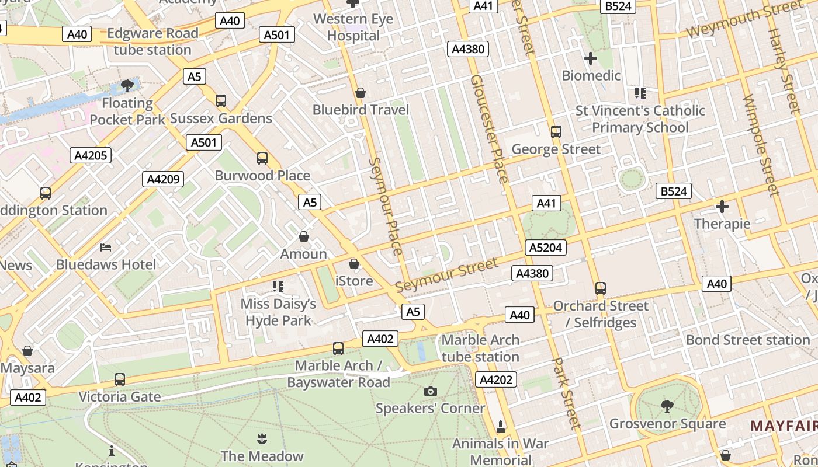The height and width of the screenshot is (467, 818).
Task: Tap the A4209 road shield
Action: [163, 179]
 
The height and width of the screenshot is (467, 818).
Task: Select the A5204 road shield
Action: [545, 248]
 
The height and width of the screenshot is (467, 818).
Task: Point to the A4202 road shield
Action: [496, 380]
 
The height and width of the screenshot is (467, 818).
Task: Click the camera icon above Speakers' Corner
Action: [431, 391]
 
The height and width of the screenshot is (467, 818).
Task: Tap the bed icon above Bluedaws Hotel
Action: [106, 248]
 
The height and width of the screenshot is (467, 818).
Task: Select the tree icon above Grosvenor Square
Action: [667, 406]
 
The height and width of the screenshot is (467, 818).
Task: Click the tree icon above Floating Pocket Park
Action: [127, 86]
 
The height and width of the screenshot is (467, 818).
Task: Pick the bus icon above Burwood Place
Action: [262, 158]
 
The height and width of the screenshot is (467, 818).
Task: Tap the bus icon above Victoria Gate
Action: [120, 379]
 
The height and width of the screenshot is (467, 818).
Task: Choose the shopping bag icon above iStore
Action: [353, 264]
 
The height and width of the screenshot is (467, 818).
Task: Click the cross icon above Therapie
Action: [722, 207]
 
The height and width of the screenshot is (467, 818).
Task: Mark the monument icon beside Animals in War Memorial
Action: [500, 426]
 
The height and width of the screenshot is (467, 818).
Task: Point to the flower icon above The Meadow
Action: [261, 438]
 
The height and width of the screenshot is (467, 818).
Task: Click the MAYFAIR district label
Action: [784, 426]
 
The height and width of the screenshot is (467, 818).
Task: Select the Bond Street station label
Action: [748, 340]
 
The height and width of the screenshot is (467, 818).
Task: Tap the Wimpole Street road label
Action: [761, 146]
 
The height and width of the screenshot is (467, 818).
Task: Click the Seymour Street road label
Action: [447, 275]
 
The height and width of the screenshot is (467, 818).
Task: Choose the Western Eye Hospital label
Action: [353, 27]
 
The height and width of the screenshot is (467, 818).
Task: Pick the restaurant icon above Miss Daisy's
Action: [278, 286]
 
